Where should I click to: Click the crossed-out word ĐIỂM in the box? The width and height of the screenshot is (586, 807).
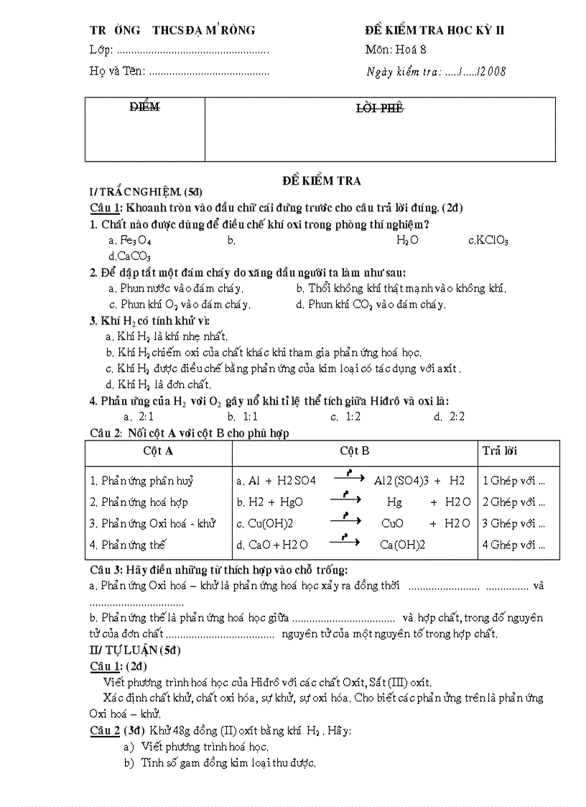coord(144,107)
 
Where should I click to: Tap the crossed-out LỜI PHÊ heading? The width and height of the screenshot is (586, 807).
coord(380,109)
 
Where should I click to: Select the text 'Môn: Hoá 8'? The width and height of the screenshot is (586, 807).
coord(396,50)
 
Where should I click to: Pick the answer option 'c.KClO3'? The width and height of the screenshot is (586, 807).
coord(488,241)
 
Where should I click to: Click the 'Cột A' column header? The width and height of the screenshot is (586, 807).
coord(158,451)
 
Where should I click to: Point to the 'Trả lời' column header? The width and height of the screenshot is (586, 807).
coord(500,451)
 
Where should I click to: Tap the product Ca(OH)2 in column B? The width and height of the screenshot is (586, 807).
coord(402,545)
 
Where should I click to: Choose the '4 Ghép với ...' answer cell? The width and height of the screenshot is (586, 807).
coord(513,545)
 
